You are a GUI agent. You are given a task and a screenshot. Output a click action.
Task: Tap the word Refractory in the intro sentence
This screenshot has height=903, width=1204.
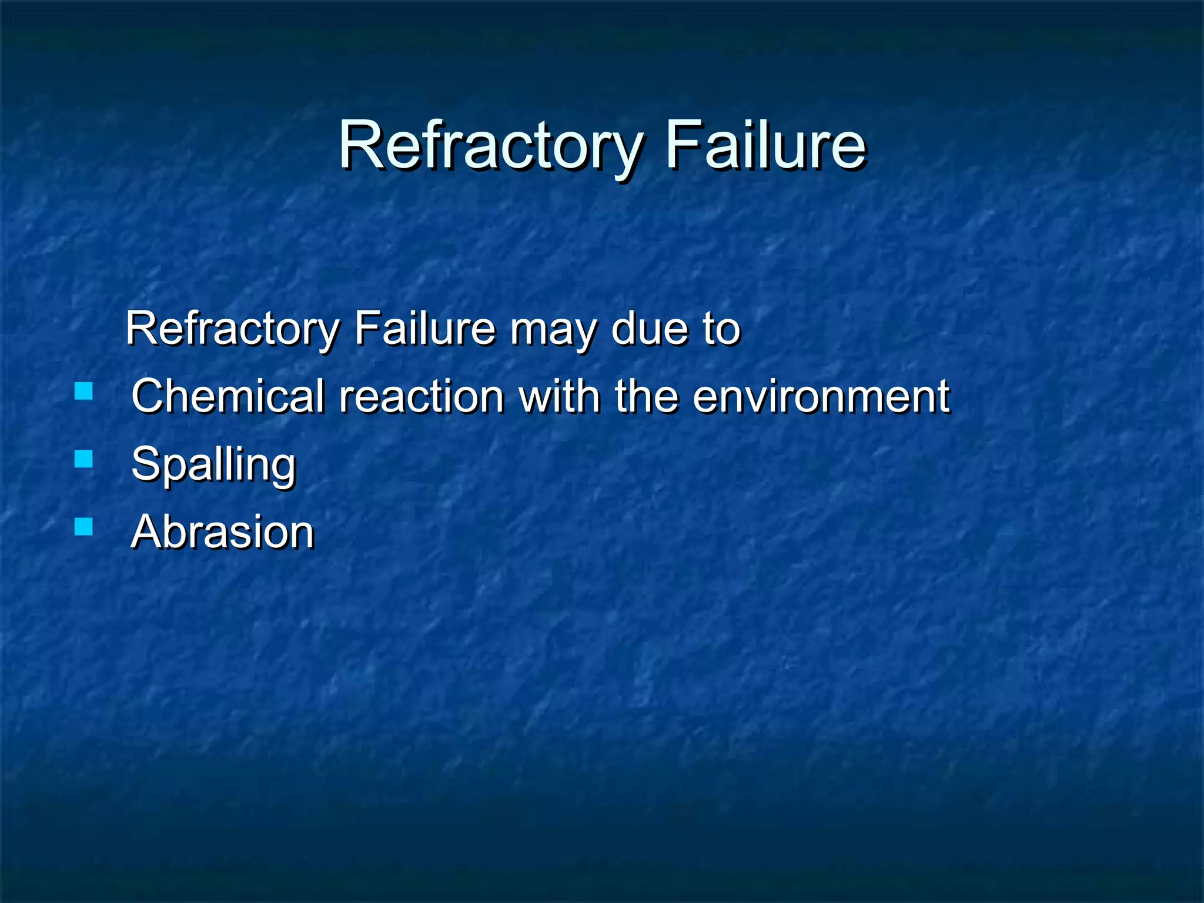[x=233, y=329]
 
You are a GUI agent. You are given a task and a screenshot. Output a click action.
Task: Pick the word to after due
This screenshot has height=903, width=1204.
[x=721, y=329]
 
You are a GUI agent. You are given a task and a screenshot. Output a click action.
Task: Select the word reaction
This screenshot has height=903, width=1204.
[x=422, y=396]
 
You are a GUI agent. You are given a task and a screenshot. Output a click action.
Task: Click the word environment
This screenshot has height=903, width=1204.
[x=821, y=396]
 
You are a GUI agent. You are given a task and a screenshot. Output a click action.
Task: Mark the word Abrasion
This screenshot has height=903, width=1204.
[x=223, y=531]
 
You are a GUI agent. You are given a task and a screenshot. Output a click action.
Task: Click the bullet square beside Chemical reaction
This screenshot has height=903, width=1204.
[x=84, y=391]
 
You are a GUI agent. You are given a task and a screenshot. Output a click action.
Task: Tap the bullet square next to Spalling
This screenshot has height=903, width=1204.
[x=84, y=459]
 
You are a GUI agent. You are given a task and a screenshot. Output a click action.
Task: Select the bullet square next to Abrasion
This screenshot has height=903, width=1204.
[x=84, y=526]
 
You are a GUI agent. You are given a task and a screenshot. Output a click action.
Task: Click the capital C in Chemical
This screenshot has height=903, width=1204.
[x=147, y=396]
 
